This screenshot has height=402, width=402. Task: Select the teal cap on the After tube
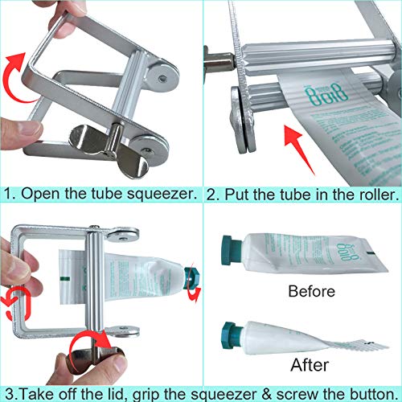(228, 331)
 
